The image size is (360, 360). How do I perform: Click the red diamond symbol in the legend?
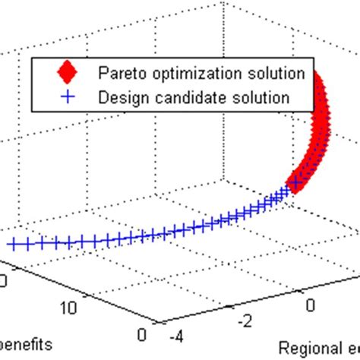[68, 74]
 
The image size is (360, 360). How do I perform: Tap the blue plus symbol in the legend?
[68, 96]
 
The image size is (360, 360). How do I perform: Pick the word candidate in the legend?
[177, 96]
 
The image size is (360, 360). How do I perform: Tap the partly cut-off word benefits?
[26, 344]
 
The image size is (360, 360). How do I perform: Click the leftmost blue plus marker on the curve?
[13, 244]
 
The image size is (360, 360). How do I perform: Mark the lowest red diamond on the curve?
[292, 185]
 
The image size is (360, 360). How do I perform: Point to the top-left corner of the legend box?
[30, 60]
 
